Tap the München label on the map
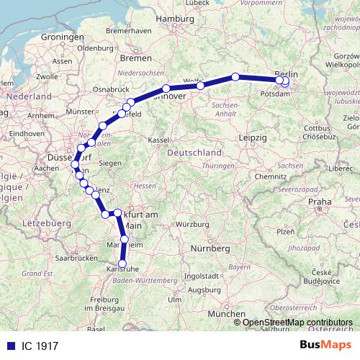(x=225, y=315)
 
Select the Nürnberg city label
(x=210, y=248)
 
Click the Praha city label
(x=318, y=203)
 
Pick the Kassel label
(x=158, y=140)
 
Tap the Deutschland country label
(x=194, y=153)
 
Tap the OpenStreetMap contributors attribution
(x=297, y=322)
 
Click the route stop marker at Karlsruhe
(x=123, y=264)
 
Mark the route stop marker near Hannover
(x=166, y=89)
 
